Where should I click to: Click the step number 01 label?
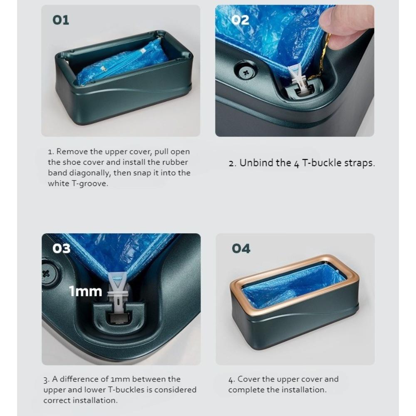pyautogui.click(x=61, y=20)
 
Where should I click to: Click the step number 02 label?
pyautogui.click(x=240, y=20)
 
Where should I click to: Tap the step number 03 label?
pyautogui.click(x=61, y=248)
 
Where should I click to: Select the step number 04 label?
pyautogui.click(x=241, y=249)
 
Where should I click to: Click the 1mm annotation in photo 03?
pyautogui.click(x=85, y=291)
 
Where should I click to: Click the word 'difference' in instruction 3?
pyautogui.click(x=76, y=379)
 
